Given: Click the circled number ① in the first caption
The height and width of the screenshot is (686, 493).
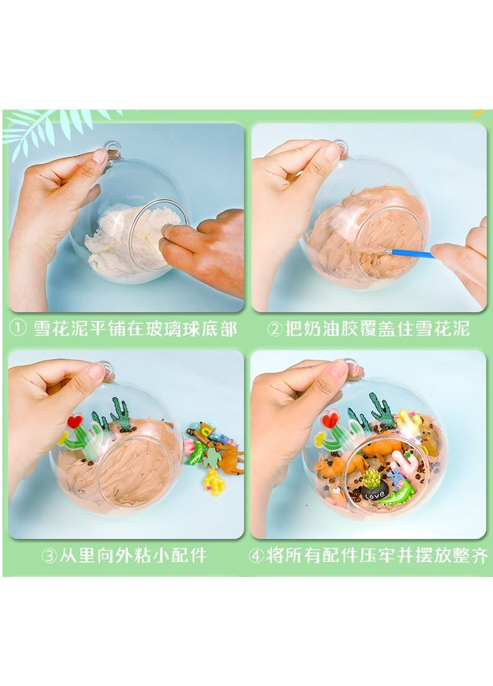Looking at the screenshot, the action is pos(18,328).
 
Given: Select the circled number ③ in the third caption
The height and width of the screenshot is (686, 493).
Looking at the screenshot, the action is pos(49,557).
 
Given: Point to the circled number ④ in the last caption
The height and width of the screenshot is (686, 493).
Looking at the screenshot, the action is pos(257,557).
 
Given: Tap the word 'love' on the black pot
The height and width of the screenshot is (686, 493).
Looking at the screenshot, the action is pos(374,496).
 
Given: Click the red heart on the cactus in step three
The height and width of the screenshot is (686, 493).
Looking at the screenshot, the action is pos(75,422).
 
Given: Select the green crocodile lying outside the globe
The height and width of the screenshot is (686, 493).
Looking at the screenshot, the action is pos(195,453).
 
